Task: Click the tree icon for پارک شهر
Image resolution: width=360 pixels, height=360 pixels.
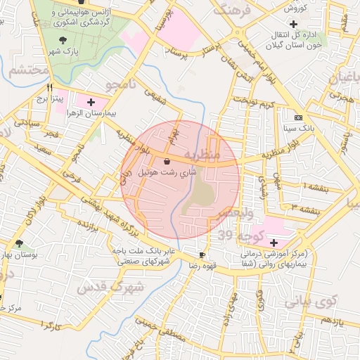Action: point(64,40)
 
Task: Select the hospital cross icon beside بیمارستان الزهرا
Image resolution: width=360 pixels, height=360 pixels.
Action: point(91,103)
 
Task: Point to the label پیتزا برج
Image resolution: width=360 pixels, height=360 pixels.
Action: point(50,98)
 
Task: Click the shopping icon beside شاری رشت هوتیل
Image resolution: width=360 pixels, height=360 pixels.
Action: point(166,162)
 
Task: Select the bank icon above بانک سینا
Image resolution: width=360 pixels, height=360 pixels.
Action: point(298,117)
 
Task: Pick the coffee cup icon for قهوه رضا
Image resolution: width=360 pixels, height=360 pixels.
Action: point(202,255)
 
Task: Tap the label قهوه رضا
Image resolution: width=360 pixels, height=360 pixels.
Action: point(202,265)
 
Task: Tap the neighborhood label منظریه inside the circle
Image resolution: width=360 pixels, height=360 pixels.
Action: point(202,153)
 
